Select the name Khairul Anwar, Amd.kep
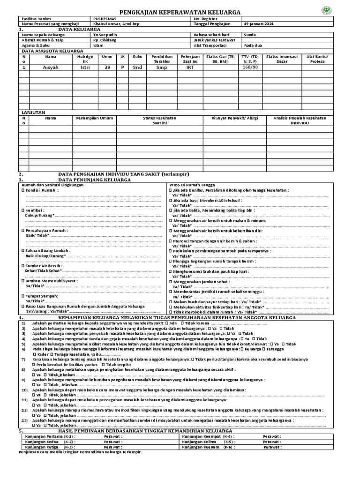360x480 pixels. click(x=112, y=23)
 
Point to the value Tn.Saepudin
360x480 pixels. click(x=105, y=35)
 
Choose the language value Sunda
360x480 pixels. click(x=250, y=35)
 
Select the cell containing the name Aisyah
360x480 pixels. click(x=50, y=67)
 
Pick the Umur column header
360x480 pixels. click(x=107, y=56)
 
